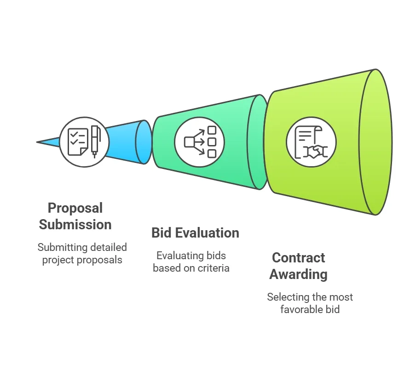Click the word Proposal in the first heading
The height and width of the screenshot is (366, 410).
[x=75, y=208]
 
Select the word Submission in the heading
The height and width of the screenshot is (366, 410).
[x=75, y=225]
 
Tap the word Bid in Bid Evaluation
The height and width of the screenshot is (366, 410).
[x=161, y=233]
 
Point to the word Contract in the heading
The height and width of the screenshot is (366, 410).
[x=298, y=258]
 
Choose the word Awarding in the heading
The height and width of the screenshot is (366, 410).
[x=298, y=274]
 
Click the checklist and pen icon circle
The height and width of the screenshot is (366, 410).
[x=84, y=142]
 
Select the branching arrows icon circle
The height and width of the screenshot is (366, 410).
[x=200, y=142]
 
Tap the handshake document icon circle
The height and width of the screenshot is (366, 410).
[x=311, y=142]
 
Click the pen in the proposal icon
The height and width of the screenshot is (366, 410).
[x=95, y=140]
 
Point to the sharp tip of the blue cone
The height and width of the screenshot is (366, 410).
[x=38, y=142]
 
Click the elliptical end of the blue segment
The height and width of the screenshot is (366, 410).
[x=144, y=142]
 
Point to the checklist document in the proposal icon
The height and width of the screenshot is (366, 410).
[x=77, y=141]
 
